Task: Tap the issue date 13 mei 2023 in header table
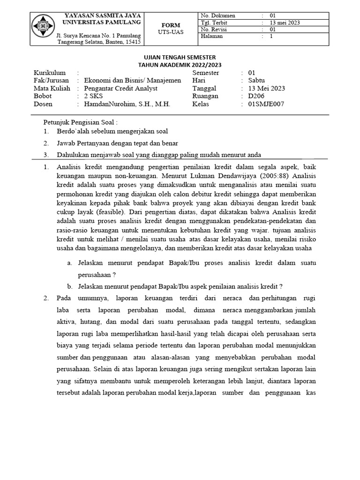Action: point(285,22)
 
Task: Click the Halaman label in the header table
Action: point(211,36)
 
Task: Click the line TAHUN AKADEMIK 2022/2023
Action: point(180,65)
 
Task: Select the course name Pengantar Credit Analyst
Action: point(120,88)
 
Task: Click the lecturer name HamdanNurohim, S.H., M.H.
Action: point(127,104)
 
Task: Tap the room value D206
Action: point(257,96)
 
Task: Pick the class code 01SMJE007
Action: point(266,104)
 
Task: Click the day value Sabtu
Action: point(257,80)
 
